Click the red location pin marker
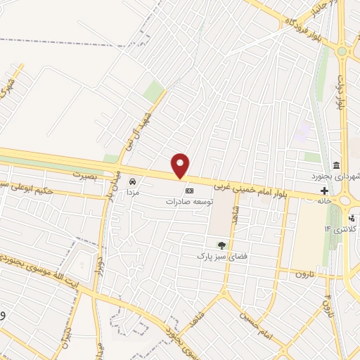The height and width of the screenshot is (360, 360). (x=181, y=165)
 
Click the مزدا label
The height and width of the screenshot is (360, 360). (x=134, y=191)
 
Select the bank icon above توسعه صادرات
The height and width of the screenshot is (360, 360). (x=188, y=191)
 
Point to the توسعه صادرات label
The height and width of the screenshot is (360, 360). (x=188, y=201)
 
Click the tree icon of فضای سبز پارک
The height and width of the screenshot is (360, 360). (x=222, y=245)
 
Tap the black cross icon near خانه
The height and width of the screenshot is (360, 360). (x=324, y=191)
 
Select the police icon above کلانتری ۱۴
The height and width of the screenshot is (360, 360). (x=352, y=218)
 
